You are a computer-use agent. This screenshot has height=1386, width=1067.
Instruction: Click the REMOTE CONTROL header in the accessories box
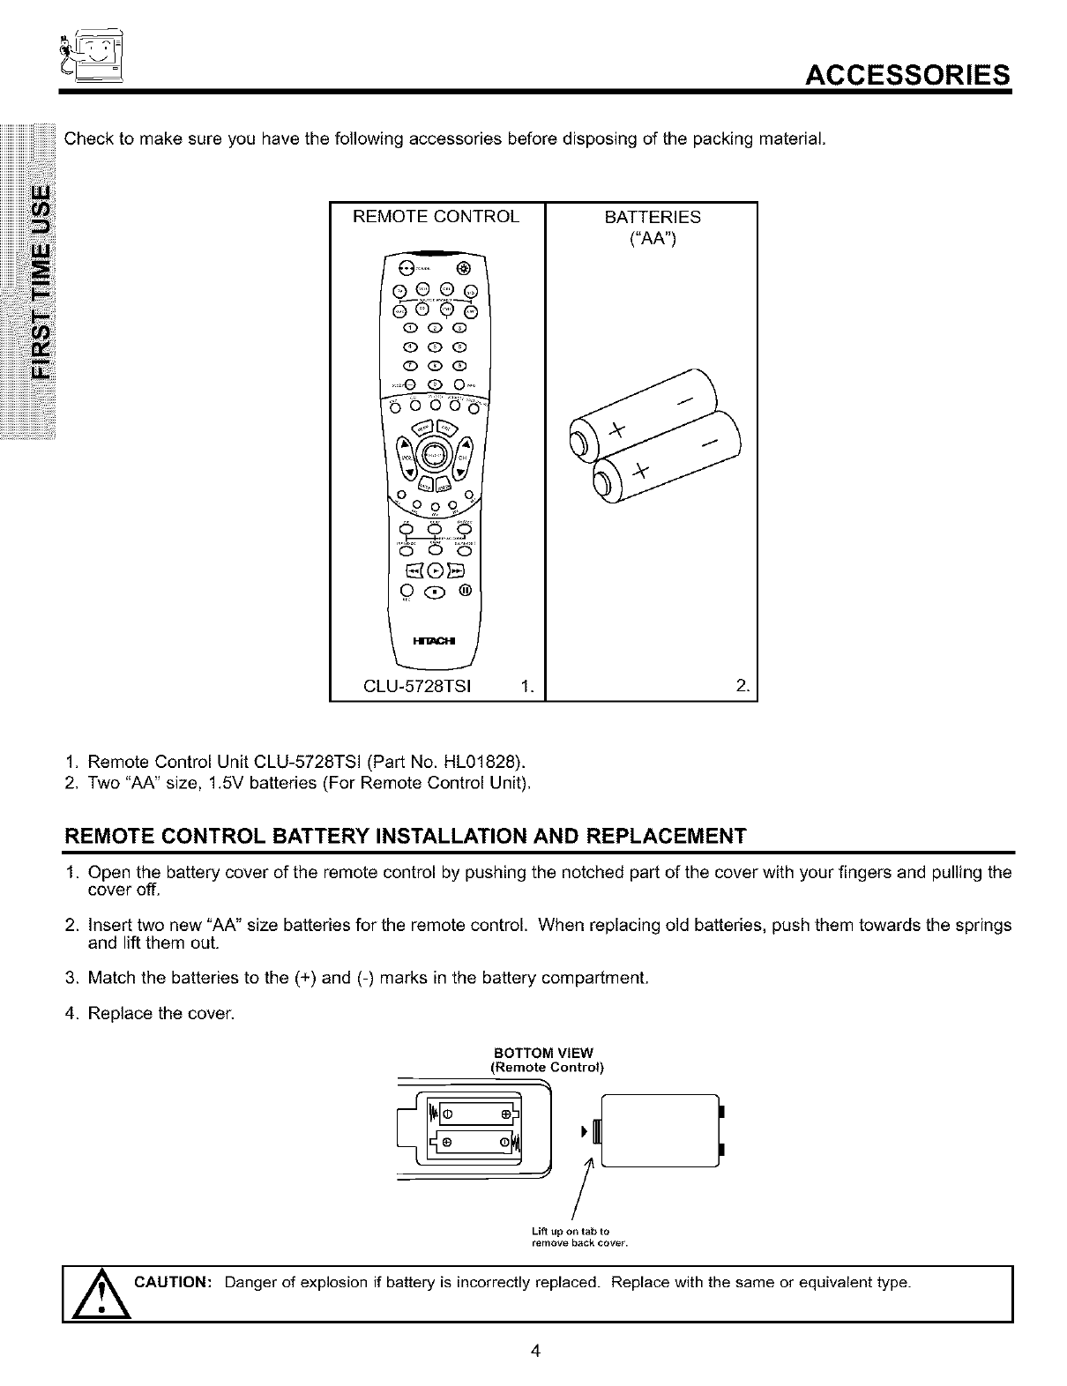[x=436, y=217]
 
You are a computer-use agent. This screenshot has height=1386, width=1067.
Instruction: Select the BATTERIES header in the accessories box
[x=653, y=217]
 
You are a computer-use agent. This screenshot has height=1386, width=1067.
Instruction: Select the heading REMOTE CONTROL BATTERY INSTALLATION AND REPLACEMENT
[x=407, y=835]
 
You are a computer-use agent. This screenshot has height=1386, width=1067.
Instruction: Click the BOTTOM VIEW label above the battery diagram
[x=544, y=1053]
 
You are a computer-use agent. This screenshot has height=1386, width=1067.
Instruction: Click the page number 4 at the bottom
[x=534, y=1351]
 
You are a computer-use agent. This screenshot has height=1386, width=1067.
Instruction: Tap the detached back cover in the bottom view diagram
[x=661, y=1129]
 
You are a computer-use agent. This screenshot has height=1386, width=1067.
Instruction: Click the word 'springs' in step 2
[x=980, y=926]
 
